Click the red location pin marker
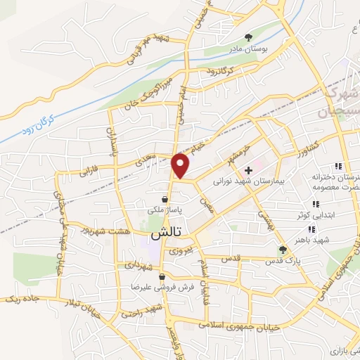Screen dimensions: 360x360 [x=181, y=165]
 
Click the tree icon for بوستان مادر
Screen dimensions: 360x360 [x=247, y=37]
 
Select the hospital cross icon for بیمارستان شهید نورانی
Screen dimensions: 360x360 [x=248, y=170]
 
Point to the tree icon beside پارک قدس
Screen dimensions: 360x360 [x=283, y=250]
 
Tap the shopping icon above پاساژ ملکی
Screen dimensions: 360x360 [x=164, y=200]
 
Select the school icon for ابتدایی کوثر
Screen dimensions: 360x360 [x=314, y=204]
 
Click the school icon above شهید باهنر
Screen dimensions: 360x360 [x=310, y=229]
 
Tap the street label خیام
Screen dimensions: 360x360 [x=200, y=146]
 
